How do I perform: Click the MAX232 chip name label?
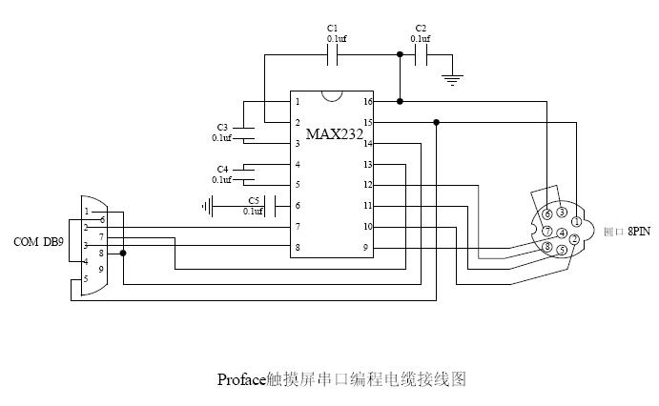pyautogui.click(x=334, y=133)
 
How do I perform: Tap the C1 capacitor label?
pyautogui.click(x=332, y=28)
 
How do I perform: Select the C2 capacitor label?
pyautogui.click(x=421, y=28)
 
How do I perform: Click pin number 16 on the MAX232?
pyautogui.click(x=367, y=101)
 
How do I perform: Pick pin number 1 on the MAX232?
pyautogui.click(x=298, y=101)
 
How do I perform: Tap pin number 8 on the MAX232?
pyautogui.click(x=298, y=247)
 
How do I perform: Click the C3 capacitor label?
pyautogui.click(x=222, y=127)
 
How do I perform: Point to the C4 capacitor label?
pyautogui.click(x=222, y=169)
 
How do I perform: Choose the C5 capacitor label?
pyautogui.click(x=253, y=200)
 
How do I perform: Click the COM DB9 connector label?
pyautogui.click(x=38, y=242)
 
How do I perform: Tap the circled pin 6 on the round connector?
pyautogui.click(x=547, y=213)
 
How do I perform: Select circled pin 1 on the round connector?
pyautogui.click(x=577, y=222)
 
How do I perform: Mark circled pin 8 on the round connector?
pyautogui.click(x=547, y=248)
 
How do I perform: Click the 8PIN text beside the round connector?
pyautogui.click(x=639, y=231)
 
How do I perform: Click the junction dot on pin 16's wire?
pyautogui.click(x=400, y=101)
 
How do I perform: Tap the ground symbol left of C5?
pyautogui.click(x=205, y=205)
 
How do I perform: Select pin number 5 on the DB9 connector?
pyautogui.click(x=86, y=278)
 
